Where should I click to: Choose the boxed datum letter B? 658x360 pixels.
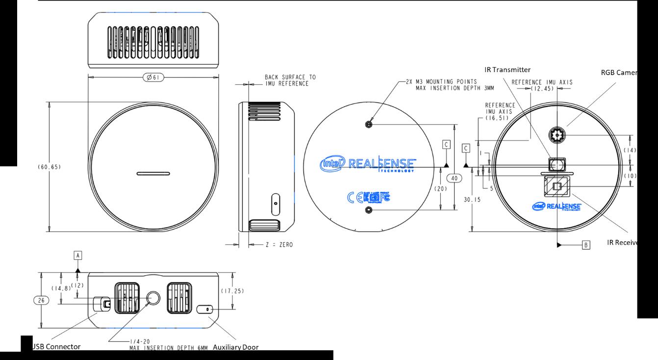pos(585,244)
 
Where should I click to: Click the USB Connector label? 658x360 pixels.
pos(56,347)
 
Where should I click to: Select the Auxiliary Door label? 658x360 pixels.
pos(236,347)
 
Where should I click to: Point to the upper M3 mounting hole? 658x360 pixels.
pos(369,125)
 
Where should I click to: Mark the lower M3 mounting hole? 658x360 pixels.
pos(369,210)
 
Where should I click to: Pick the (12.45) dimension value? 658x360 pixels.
pos(543,89)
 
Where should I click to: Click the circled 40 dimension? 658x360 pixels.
pos(454,179)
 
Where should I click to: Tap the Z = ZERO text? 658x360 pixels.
pos(279,244)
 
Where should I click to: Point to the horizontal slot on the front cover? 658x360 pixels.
pos(153,173)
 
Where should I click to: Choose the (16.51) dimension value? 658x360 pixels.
pos(499,118)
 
